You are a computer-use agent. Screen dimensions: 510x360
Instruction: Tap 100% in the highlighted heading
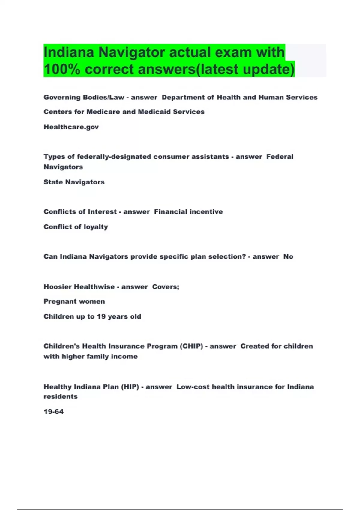click(62, 69)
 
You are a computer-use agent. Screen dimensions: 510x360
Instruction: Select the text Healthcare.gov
click(71, 127)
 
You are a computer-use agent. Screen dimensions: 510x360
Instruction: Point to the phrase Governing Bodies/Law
click(84, 97)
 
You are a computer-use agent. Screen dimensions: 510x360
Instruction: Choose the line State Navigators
click(74, 182)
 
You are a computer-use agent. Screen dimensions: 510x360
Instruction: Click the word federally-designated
click(114, 157)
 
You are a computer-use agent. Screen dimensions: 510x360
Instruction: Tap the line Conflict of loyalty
click(76, 227)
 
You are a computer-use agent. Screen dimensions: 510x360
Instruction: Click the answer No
click(288, 256)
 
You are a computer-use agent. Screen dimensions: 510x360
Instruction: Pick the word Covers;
click(166, 287)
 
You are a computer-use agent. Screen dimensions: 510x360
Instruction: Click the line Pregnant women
click(74, 301)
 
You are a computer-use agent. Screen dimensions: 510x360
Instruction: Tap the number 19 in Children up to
click(101, 316)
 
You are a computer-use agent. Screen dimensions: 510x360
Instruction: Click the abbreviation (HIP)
click(130, 387)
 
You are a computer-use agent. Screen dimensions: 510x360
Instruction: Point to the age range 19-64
click(54, 412)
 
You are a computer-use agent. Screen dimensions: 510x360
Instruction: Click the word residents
click(61, 397)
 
